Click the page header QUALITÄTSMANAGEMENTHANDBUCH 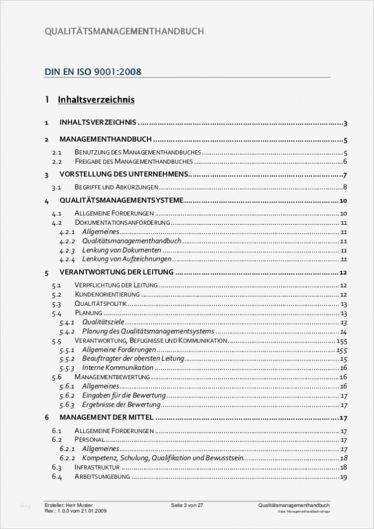124,32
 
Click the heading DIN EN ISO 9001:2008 93,72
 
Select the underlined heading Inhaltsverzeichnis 96,99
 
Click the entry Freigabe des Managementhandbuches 133,162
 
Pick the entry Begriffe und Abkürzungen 116,187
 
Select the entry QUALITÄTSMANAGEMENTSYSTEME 122,200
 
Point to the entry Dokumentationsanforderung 122,223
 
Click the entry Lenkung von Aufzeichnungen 127,259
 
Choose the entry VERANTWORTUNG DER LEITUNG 116,272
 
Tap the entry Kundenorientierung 107,294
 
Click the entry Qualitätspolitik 100,304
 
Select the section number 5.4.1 67,322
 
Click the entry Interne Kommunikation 118,368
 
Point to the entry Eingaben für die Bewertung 124,396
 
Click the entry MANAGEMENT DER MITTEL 107,417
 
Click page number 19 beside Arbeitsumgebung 343,477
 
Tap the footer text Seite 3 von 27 187,505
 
